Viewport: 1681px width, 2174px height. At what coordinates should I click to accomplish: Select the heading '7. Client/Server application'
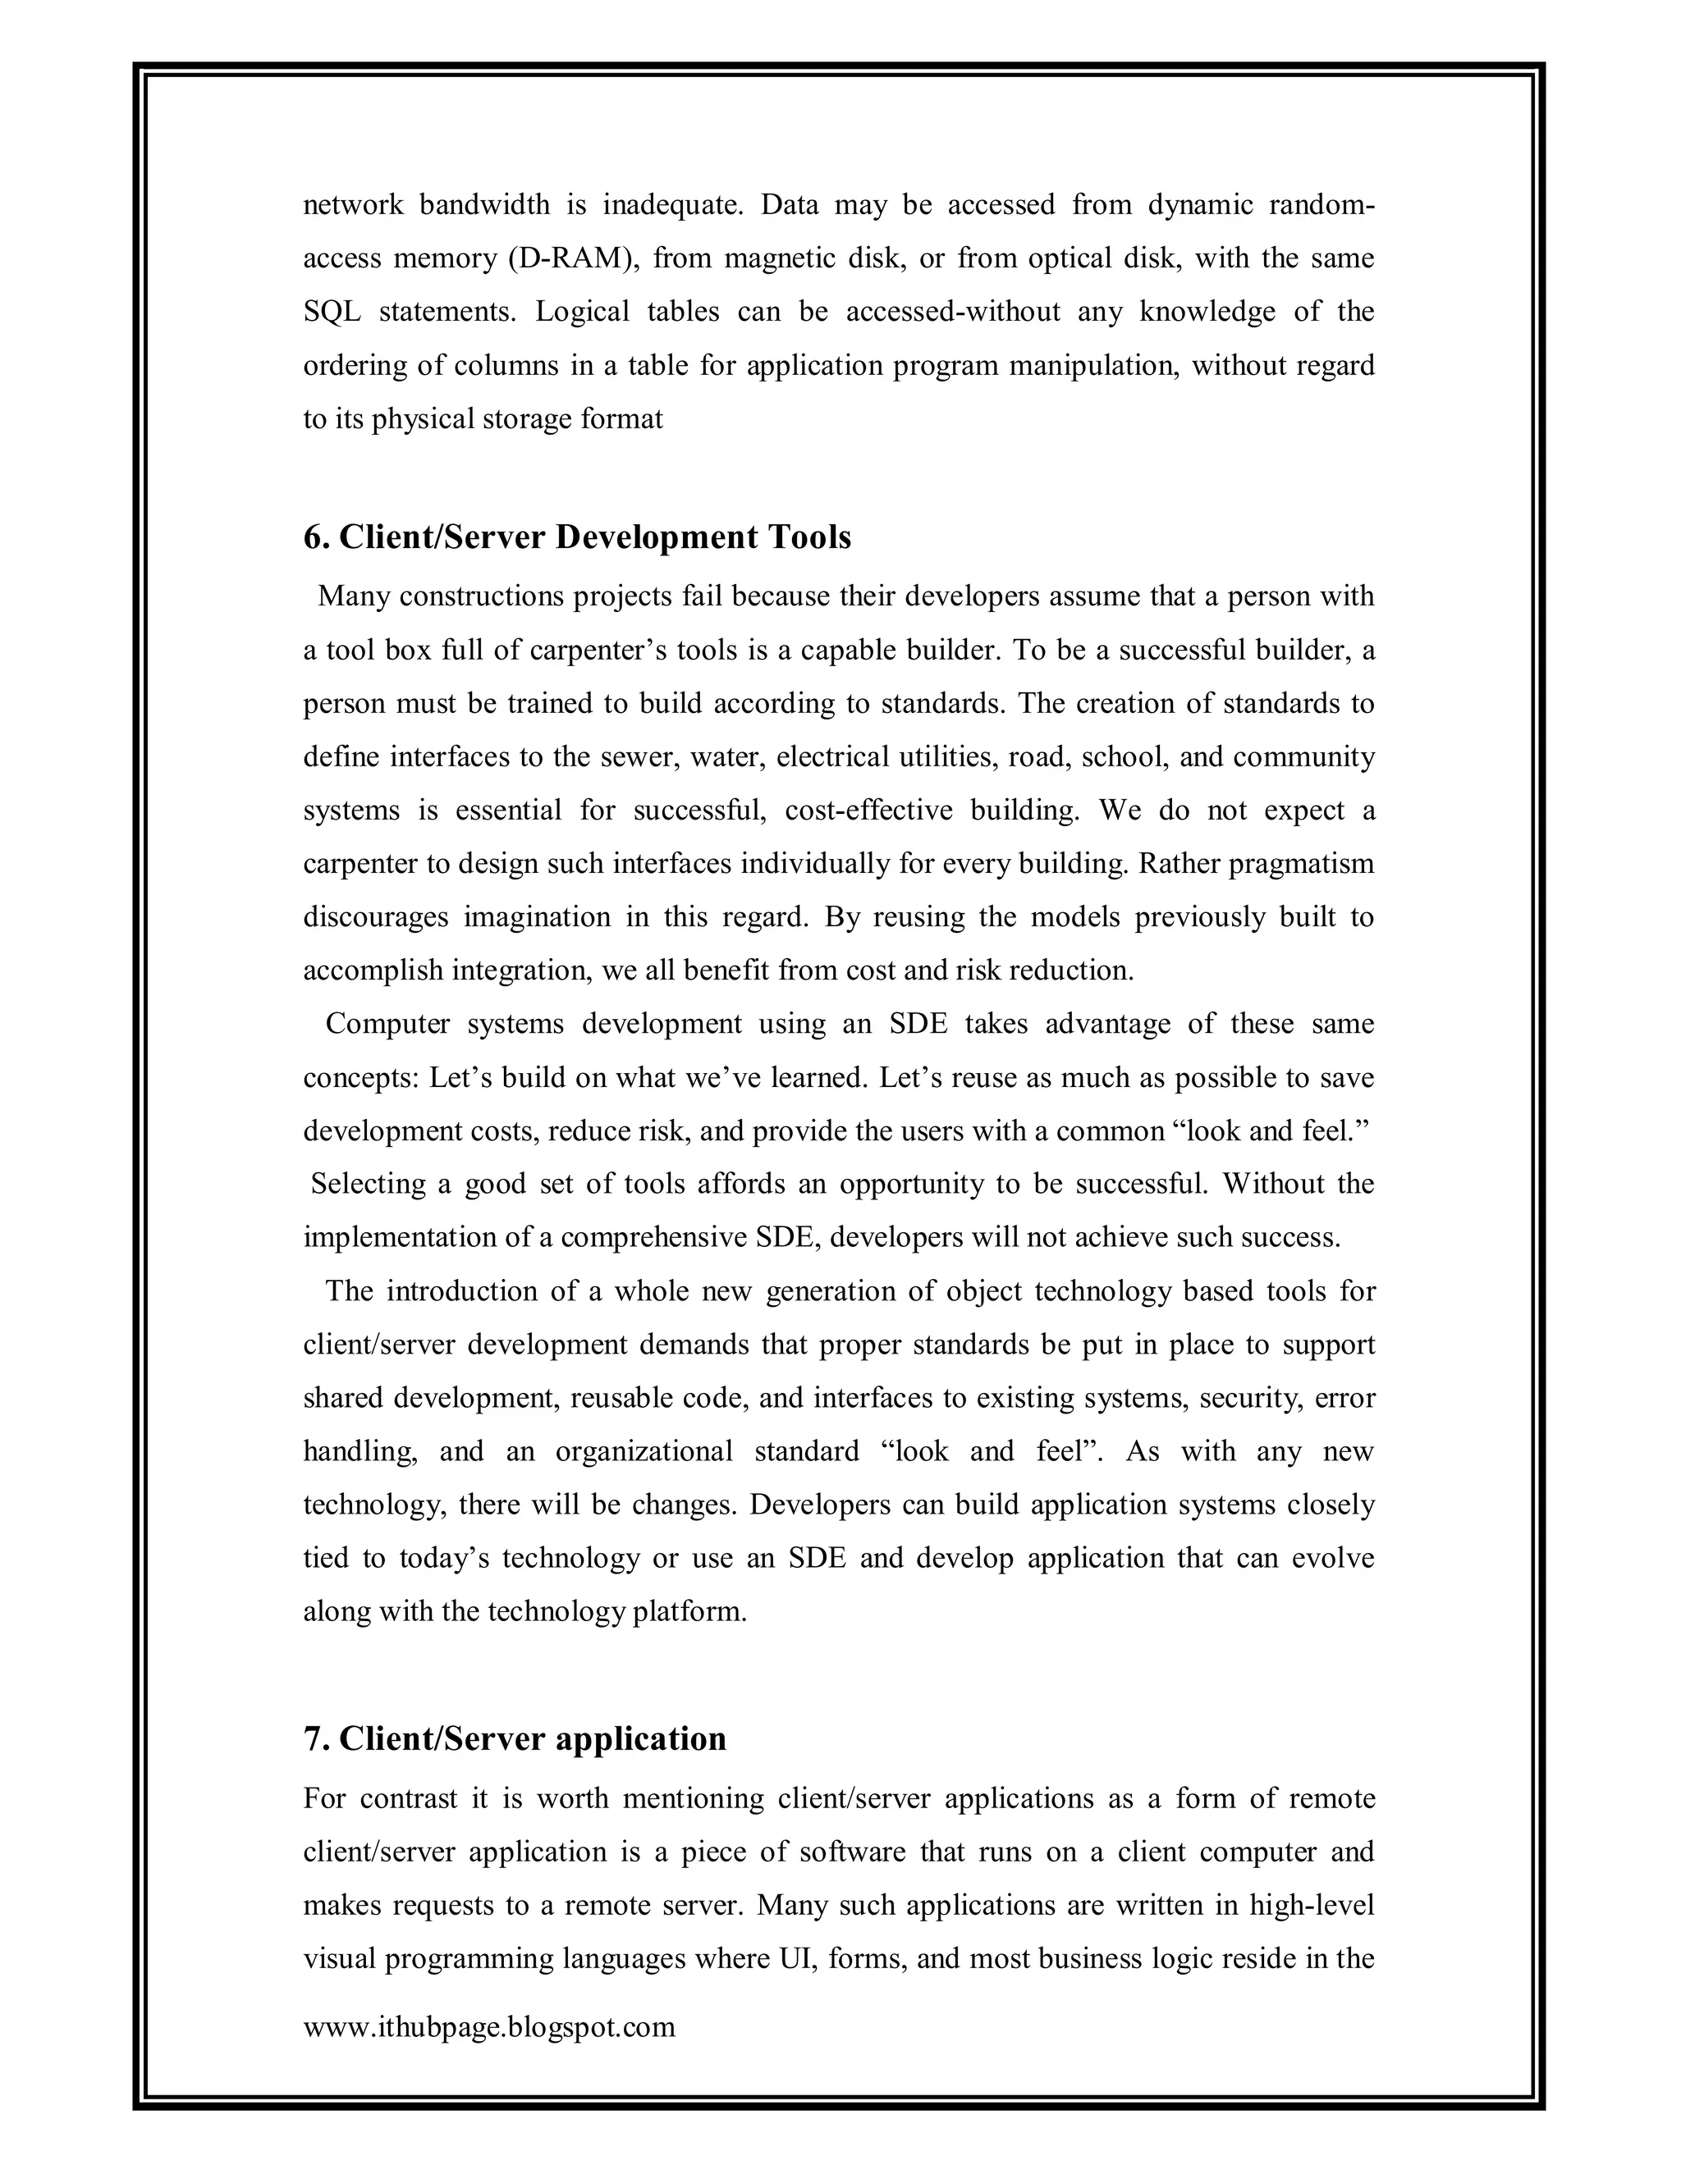point(515,1738)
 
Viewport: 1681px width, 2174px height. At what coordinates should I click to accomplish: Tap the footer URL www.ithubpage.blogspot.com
point(489,2026)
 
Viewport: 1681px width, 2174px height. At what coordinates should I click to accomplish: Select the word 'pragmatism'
point(1301,864)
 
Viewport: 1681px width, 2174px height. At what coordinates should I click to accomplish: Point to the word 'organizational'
point(644,1451)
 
